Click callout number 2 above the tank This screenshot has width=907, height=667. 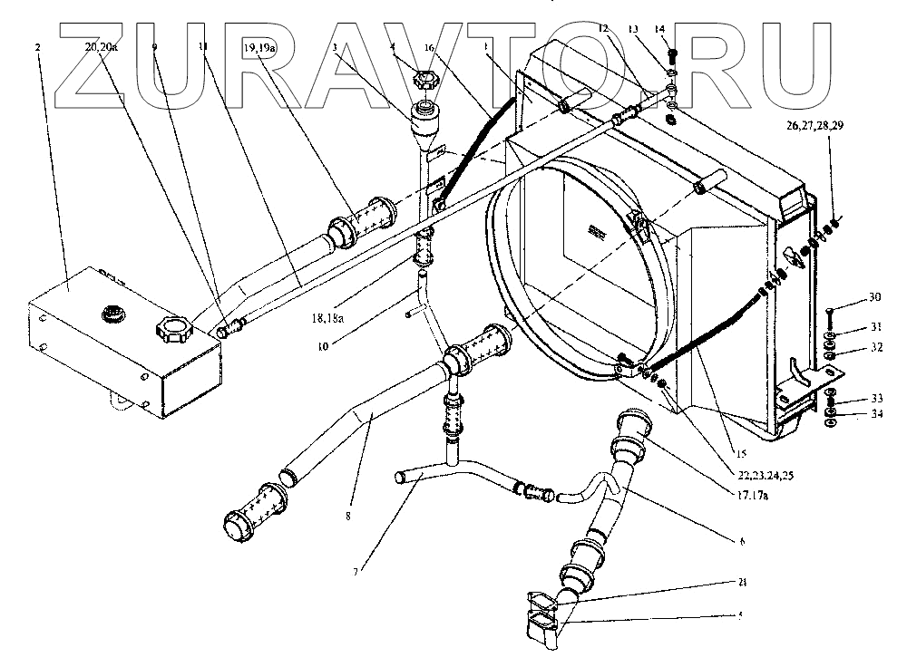pyautogui.click(x=37, y=46)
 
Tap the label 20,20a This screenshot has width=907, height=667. pyautogui.click(x=102, y=46)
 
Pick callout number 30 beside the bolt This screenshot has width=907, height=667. pyautogui.click(x=849, y=296)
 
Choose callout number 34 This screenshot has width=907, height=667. pyautogui.click(x=850, y=415)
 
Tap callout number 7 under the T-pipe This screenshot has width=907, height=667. pyautogui.click(x=356, y=571)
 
